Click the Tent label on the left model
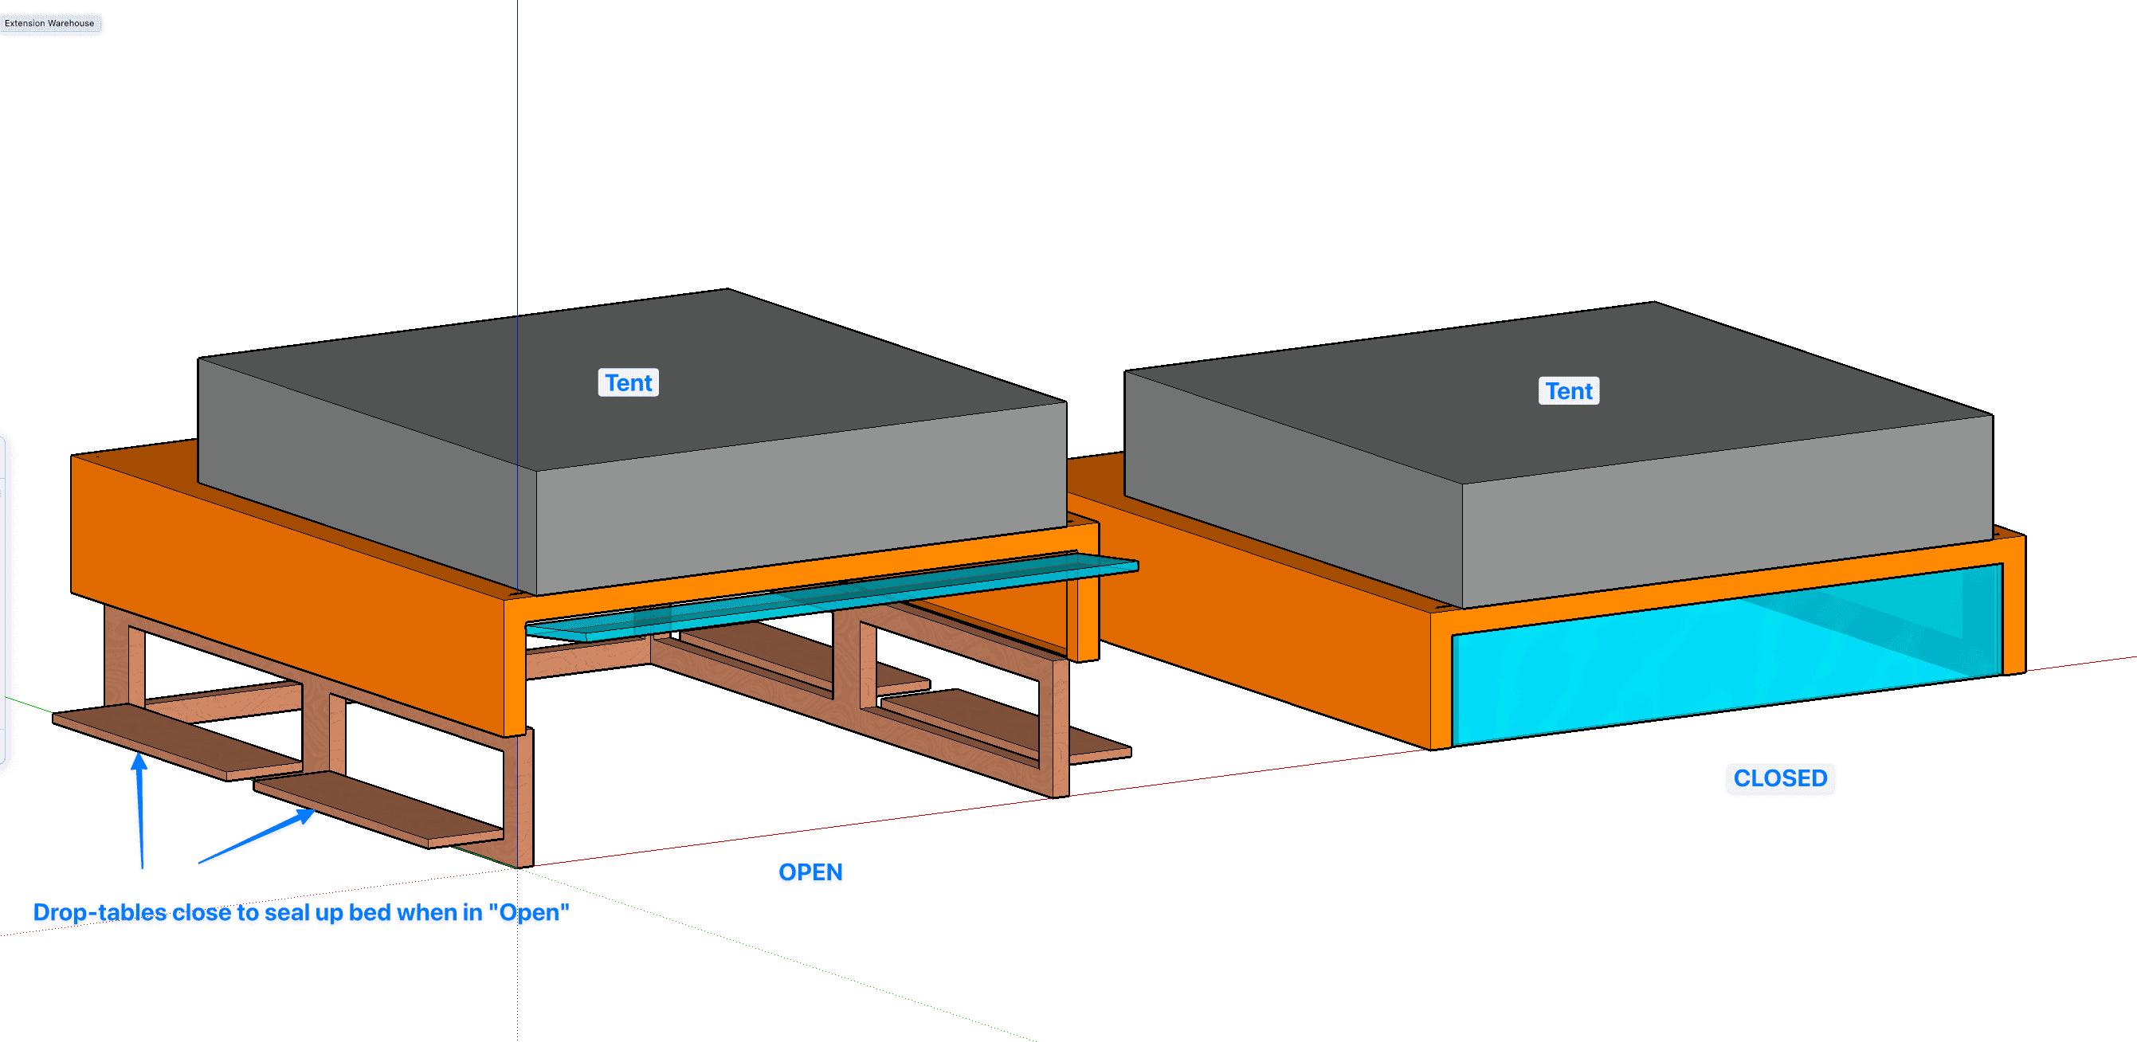628,382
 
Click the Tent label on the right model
1569,390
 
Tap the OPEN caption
810,872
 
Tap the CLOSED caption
1780,778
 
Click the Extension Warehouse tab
49,23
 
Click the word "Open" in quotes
528,913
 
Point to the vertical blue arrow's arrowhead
139,762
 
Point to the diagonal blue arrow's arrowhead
304,817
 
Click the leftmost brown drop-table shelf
178,742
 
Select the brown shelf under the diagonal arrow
378,809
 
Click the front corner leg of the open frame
520,798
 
